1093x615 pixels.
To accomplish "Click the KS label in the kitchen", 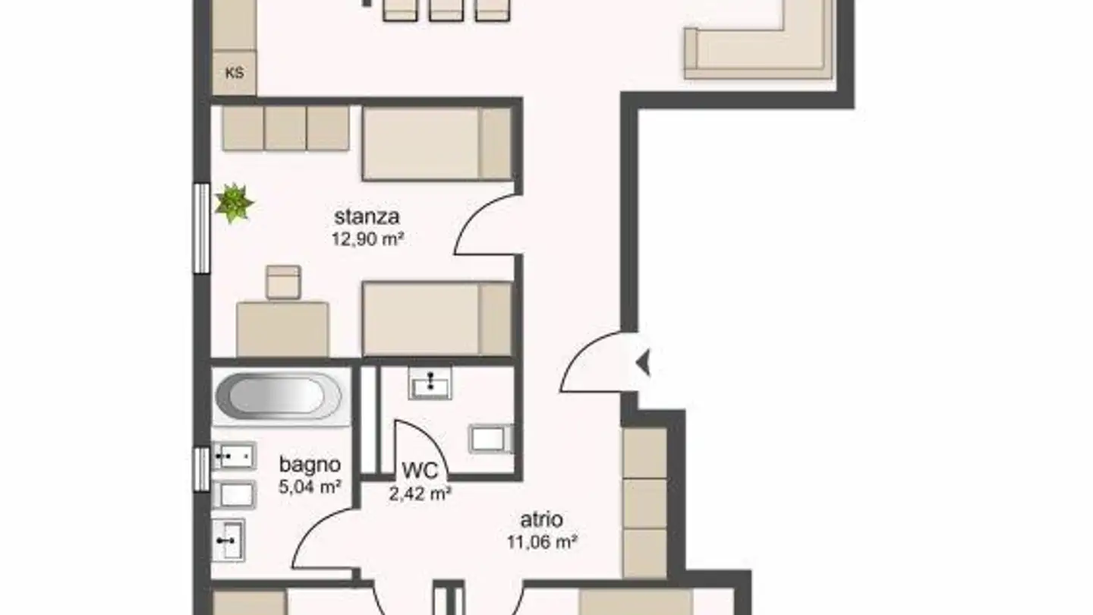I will click(x=235, y=74).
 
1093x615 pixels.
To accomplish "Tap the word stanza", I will click(x=367, y=217).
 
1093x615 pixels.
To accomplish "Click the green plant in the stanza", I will click(x=233, y=203).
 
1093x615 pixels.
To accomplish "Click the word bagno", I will click(x=309, y=465).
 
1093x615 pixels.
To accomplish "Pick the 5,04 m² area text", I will click(x=309, y=487).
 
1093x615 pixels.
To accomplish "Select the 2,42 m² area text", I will click(x=421, y=494).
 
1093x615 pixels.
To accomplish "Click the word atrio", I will click(x=541, y=520).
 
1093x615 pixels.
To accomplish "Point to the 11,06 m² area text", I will click(x=542, y=542).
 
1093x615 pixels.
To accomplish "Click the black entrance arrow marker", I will click(x=643, y=364).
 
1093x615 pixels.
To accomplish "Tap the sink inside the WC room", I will click(x=430, y=383).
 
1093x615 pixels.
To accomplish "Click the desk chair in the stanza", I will click(x=283, y=282).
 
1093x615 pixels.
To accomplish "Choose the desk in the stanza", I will click(x=282, y=329).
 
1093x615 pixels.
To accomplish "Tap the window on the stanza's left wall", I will click(x=201, y=228).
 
